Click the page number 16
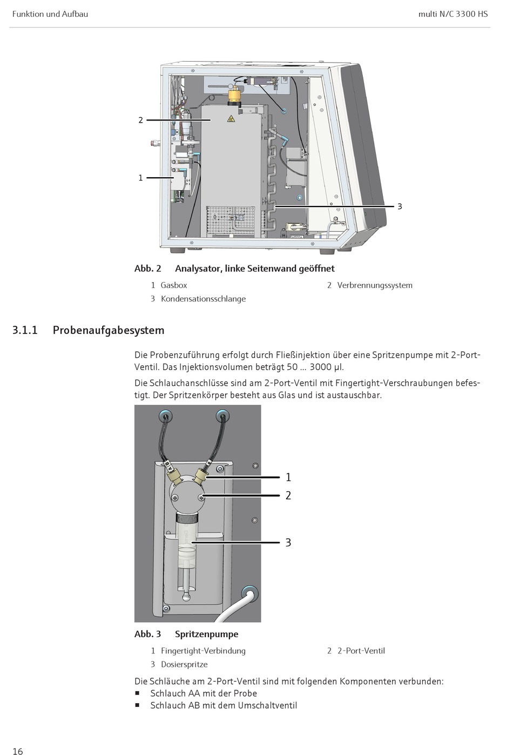tap(18, 751)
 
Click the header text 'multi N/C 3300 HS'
tap(453, 14)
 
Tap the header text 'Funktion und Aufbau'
tap(50, 14)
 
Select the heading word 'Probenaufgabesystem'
tap(108, 330)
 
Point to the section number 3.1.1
tap(25, 330)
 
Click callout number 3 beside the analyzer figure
tap(400, 206)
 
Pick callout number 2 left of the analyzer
tap(140, 120)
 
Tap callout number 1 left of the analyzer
tap(140, 178)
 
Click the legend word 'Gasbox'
tap(173, 285)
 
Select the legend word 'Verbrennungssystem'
tap(374, 285)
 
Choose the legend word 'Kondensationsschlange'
tap(203, 299)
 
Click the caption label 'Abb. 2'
tap(147, 269)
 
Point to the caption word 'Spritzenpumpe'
tap(206, 634)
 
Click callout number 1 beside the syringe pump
tap(288, 477)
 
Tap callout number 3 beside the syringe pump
tap(288, 543)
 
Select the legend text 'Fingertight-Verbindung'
tap(203, 651)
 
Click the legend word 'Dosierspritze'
tap(184, 665)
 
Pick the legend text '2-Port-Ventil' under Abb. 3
tap(361, 651)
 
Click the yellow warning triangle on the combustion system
tap(231, 118)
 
